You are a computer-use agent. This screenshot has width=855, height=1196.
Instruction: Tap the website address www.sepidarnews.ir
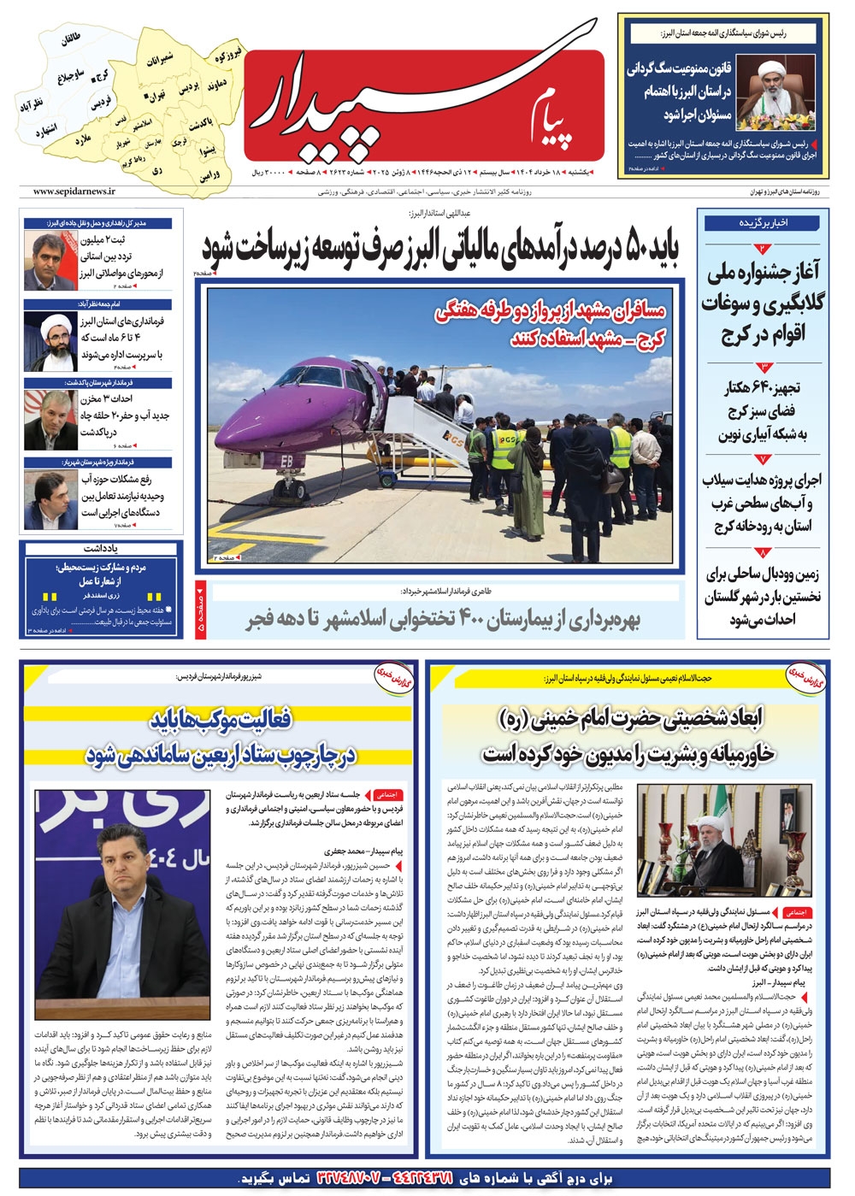[x=76, y=193]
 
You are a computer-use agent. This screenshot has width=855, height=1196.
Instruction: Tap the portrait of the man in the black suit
[x=120, y=902]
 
